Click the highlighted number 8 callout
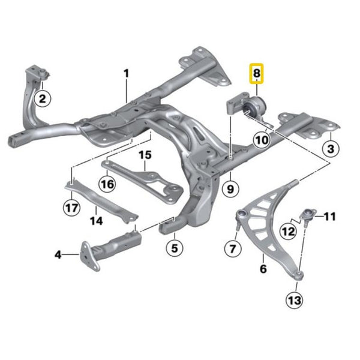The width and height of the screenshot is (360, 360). pos(256,73)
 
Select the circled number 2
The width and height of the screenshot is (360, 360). pos(43,99)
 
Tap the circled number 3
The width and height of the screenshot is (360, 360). pos(331,149)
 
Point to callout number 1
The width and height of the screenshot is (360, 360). pos(126,73)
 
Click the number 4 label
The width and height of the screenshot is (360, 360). pos(58,254)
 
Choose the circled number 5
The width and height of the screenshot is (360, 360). pos(175,248)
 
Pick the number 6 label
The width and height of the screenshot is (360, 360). pos(263,268)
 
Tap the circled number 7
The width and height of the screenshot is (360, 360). pos(233,248)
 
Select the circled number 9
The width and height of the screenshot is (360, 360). pos(230,189)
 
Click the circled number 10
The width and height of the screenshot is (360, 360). pos(262,140)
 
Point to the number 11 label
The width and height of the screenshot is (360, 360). pos(329,217)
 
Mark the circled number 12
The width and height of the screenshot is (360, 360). pos(289,232)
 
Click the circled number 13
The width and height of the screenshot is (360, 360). pos(295,300)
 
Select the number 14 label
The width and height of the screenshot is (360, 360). pos(96,221)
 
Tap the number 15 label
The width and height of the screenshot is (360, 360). pos(145,155)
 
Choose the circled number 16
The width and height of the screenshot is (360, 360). pos(107,184)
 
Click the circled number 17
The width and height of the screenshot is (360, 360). pos(71,208)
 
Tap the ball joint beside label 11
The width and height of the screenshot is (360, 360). pos(308,217)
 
